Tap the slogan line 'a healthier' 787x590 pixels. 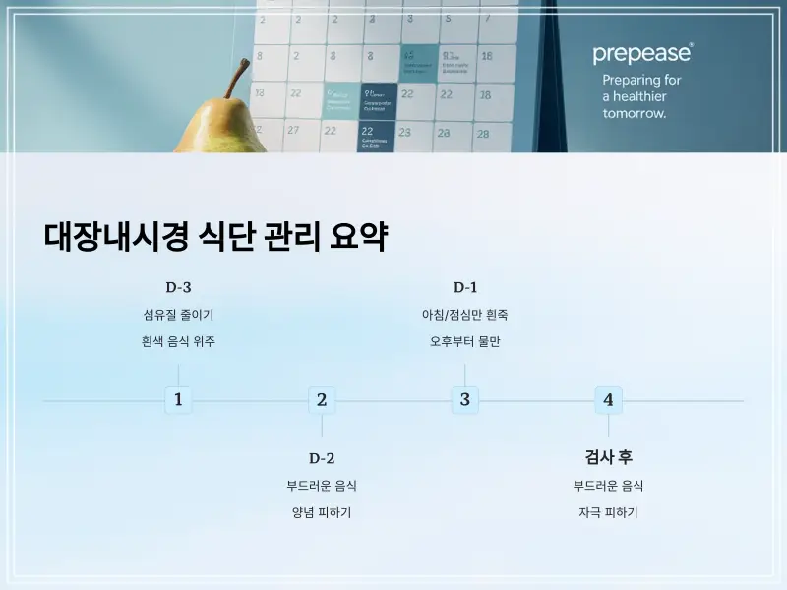[x=635, y=96]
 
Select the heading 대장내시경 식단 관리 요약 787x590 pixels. [x=215, y=237]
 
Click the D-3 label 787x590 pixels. [x=178, y=287]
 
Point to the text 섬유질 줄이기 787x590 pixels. [x=178, y=315]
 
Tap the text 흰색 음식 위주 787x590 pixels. [x=178, y=342]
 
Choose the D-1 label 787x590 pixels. [x=464, y=287]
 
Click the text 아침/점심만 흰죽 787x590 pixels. [x=464, y=315]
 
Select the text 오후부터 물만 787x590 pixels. [x=464, y=342]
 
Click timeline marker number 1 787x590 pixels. [x=178, y=400]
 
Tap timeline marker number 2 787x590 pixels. [x=322, y=400]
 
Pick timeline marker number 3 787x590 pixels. [x=464, y=400]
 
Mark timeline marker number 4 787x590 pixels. [x=608, y=400]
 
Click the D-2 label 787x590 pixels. [x=322, y=458]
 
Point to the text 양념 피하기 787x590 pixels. [x=322, y=513]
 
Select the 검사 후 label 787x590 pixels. [x=608, y=457]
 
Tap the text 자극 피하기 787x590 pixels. [x=608, y=513]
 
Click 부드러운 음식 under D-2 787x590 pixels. [x=322, y=486]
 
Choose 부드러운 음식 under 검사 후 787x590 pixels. [x=608, y=486]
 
